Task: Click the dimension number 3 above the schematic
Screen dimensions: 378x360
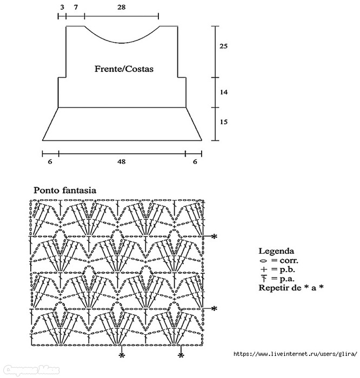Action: pyautogui.click(x=62, y=8)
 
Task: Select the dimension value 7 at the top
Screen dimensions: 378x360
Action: pyautogui.click(x=75, y=8)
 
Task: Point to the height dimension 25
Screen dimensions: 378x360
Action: pyautogui.click(x=224, y=46)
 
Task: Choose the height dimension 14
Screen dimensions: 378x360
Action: pyautogui.click(x=224, y=92)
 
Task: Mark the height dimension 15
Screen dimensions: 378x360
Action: pyautogui.click(x=224, y=122)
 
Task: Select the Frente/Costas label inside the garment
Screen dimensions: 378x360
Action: pyautogui.click(x=124, y=69)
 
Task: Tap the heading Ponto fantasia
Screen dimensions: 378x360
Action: pyautogui.click(x=65, y=190)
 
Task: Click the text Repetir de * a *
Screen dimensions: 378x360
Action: pyautogui.click(x=291, y=287)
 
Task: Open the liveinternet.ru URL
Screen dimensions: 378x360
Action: pyautogui.click(x=295, y=354)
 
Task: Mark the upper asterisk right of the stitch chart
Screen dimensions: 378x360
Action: pyautogui.click(x=214, y=237)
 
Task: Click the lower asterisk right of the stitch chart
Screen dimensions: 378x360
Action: pyautogui.click(x=214, y=308)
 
